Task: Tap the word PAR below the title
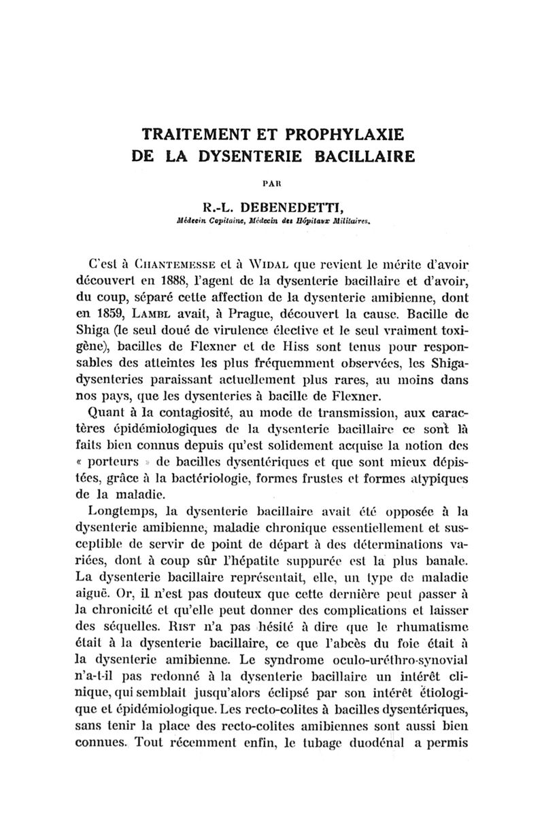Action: [x=272, y=183]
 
